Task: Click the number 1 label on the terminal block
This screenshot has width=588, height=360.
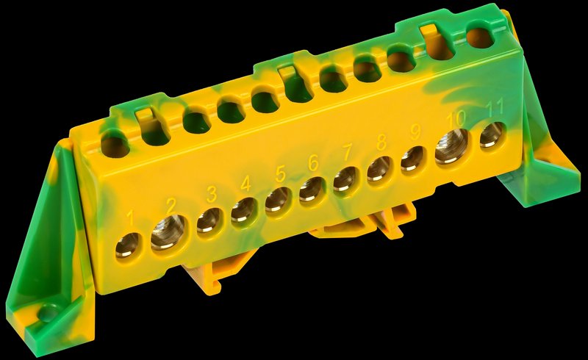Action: click(x=131, y=220)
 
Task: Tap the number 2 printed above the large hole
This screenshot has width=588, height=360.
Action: click(x=171, y=206)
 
